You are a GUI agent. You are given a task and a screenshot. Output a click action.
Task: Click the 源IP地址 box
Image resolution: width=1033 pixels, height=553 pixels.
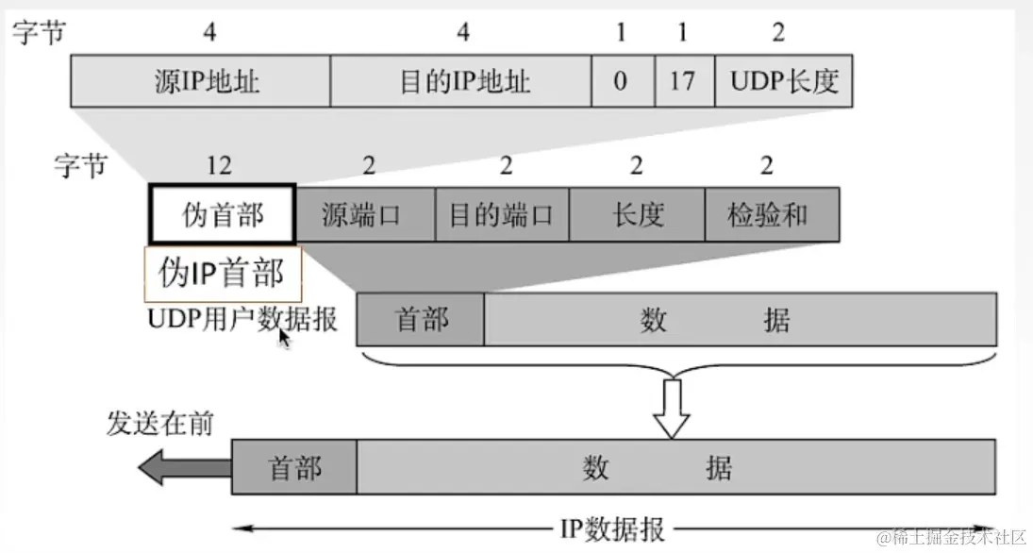tap(201, 81)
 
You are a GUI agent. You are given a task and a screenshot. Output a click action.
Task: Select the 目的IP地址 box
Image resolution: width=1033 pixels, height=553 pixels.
tap(461, 81)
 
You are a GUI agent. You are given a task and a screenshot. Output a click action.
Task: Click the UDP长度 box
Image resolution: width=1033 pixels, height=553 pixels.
tap(784, 81)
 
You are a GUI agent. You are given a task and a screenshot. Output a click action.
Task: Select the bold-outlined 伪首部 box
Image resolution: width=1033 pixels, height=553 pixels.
tap(223, 214)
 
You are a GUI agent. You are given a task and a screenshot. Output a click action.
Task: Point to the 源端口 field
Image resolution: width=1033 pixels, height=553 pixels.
tap(365, 214)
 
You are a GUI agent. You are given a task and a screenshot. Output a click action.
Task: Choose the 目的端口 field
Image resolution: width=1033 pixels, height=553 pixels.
tap(501, 214)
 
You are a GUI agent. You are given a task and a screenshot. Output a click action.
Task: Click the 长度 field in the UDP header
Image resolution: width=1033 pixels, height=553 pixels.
tap(638, 214)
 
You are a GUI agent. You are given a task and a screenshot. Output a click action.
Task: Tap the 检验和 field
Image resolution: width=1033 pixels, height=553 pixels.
tap(772, 214)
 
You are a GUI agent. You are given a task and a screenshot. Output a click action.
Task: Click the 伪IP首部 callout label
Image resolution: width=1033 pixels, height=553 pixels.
tap(223, 274)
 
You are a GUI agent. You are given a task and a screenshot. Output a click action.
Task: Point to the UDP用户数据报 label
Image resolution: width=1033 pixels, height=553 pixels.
tap(242, 320)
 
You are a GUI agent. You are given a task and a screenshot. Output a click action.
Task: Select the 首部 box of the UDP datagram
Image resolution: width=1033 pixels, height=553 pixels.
tap(421, 320)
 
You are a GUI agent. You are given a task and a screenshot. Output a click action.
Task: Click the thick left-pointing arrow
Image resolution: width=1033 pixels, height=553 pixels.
tap(183, 467)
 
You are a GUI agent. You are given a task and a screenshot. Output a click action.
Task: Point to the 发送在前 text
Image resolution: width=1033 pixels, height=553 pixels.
tap(159, 424)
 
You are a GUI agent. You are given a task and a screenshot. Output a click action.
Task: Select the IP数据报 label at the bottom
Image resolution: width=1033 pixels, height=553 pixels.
tap(612, 529)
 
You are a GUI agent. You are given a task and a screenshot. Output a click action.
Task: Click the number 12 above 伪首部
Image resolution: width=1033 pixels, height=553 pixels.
tap(219, 166)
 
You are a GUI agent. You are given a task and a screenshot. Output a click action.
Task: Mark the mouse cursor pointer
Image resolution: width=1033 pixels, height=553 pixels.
tap(283, 338)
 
